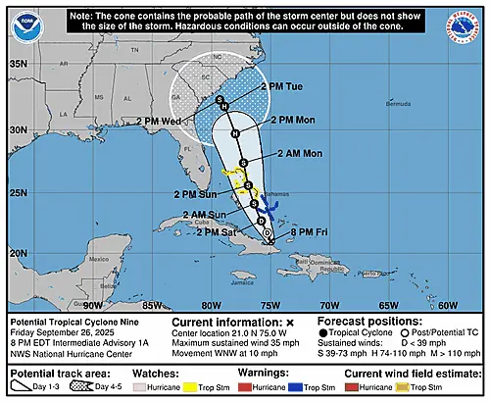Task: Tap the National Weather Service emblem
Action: point(465,23)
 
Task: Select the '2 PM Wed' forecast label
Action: point(165,122)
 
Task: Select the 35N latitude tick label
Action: point(20,64)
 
